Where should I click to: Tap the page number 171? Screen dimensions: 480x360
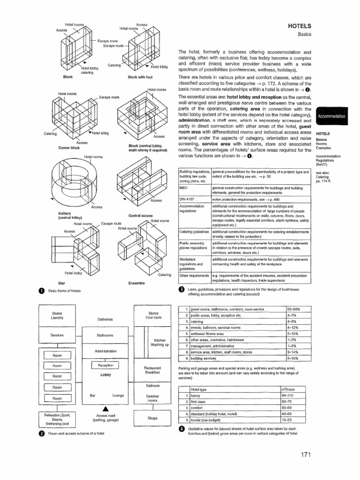point(303,455)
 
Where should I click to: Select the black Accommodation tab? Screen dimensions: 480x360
point(331,115)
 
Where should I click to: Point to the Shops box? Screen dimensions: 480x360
point(152,418)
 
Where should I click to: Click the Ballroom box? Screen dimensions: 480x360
point(153,385)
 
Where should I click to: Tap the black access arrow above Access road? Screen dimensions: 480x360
point(105,407)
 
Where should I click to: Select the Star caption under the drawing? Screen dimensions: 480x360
point(61,284)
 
